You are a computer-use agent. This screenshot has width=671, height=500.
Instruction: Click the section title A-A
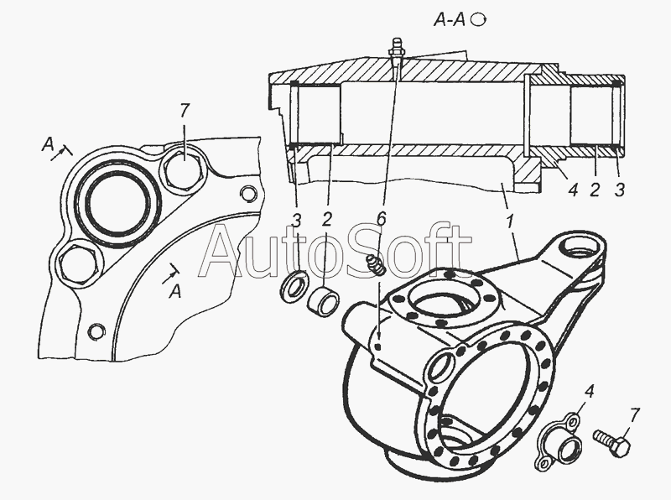tap(450, 19)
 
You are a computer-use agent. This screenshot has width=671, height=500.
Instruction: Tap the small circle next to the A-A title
tap(478, 19)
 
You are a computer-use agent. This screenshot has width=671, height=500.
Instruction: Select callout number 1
tap(510, 223)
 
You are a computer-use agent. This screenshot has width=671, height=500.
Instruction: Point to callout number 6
tap(382, 218)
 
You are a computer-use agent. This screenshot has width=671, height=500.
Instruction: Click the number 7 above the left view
tap(184, 112)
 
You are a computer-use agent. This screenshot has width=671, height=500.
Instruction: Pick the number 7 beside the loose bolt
tap(635, 415)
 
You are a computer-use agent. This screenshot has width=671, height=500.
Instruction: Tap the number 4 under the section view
tap(574, 190)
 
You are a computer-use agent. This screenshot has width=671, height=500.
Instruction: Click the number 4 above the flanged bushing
tap(590, 392)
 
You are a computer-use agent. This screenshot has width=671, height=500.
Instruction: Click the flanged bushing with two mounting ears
tap(558, 441)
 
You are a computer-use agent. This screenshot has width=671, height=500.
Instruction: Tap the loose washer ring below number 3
tap(293, 287)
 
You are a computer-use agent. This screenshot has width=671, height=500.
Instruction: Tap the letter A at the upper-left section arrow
tap(47, 145)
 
